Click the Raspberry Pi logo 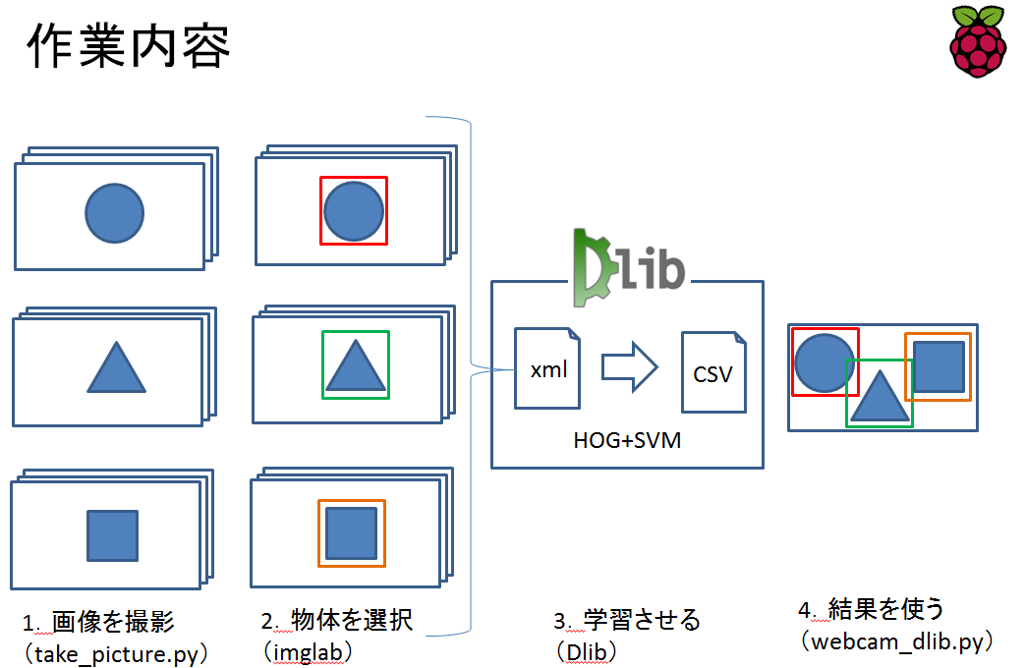tap(979, 40)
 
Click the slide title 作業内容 tap(129, 45)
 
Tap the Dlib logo tap(629, 263)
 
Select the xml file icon tap(547, 368)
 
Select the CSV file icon tap(713, 372)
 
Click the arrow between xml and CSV tap(629, 366)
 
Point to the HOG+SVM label tap(627, 441)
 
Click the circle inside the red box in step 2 tap(353, 211)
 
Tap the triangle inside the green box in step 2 tap(355, 367)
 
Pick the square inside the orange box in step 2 tap(351, 533)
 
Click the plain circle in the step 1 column tap(114, 212)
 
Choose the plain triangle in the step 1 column tap(117, 369)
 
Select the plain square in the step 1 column tap(112, 535)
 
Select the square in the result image tap(938, 365)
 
